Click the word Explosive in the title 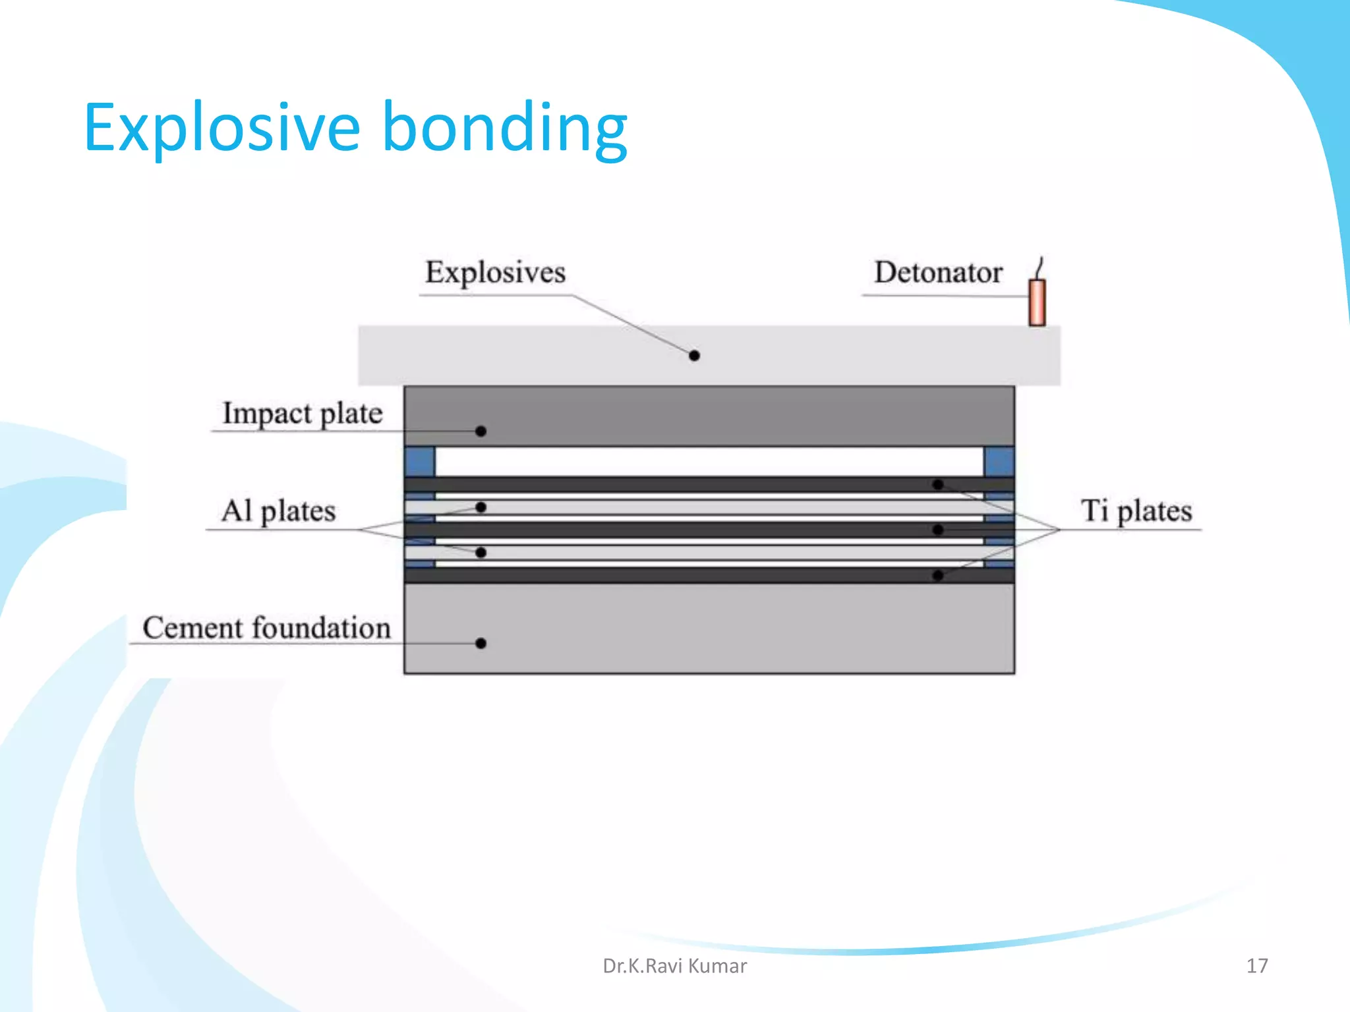point(221,128)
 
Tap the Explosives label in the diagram point(495,272)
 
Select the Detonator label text point(938,272)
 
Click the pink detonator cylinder point(1037,302)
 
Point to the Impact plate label point(303,414)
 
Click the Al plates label point(278,511)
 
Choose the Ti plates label point(1136,511)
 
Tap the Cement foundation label point(267,627)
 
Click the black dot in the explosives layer point(694,356)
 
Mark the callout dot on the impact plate point(481,432)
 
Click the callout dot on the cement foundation point(481,643)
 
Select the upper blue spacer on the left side point(420,461)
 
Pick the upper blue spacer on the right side point(999,461)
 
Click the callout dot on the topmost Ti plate point(938,484)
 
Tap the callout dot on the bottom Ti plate point(938,576)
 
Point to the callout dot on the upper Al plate point(481,507)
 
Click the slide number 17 point(1256,966)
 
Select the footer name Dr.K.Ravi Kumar point(674,966)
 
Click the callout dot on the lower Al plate point(481,552)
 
